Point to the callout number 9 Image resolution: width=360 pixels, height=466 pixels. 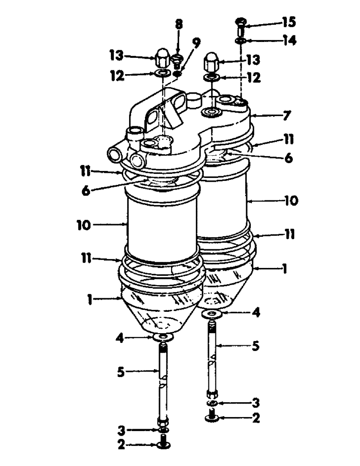(x=196, y=43)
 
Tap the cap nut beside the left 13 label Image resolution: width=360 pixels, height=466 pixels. (x=162, y=58)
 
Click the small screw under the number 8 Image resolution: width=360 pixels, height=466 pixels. (x=177, y=60)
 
